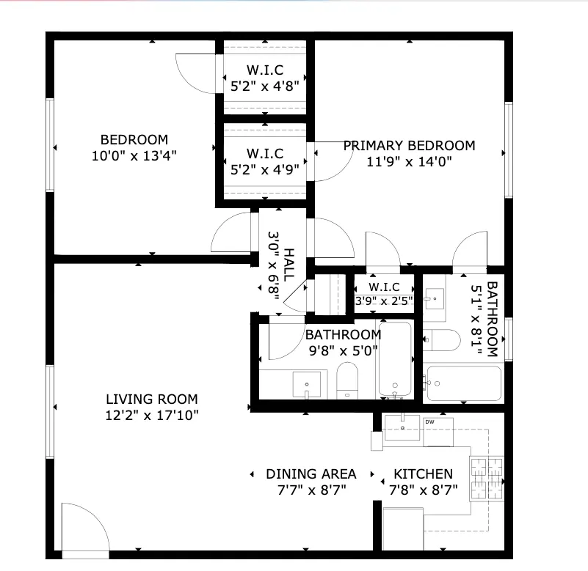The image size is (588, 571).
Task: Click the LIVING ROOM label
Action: point(151,399)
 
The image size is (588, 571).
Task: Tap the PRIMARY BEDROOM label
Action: point(409,145)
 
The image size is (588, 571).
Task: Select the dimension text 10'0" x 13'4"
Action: point(134,156)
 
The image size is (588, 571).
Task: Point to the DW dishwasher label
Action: point(429,421)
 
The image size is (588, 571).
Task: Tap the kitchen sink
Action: point(402,427)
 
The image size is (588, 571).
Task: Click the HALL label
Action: point(288,265)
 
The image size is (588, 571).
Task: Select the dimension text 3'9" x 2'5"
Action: point(384,301)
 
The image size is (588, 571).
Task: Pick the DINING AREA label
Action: point(311,474)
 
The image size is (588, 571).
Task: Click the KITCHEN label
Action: point(423,474)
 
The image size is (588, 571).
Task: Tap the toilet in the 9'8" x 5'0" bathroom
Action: point(347,380)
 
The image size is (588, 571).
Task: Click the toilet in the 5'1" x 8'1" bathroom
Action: point(442,340)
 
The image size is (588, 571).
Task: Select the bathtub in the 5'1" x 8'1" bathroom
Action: point(464,383)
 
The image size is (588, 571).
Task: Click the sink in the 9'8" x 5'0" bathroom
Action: point(307,384)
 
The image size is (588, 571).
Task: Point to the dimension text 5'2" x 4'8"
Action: point(265,86)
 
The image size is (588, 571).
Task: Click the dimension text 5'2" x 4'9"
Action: point(265,170)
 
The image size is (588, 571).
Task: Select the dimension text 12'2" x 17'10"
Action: point(151,415)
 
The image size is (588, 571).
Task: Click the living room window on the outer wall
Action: point(50,411)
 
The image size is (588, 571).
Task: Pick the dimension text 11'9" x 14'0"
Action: point(409,162)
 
